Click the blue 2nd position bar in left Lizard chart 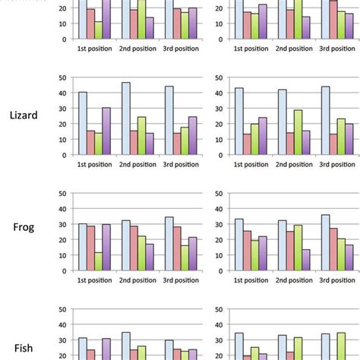point(126,118)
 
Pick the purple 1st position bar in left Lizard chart point(106,131)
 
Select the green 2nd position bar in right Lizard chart point(298,132)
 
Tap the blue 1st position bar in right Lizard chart point(238,121)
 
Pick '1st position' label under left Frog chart point(95,280)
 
